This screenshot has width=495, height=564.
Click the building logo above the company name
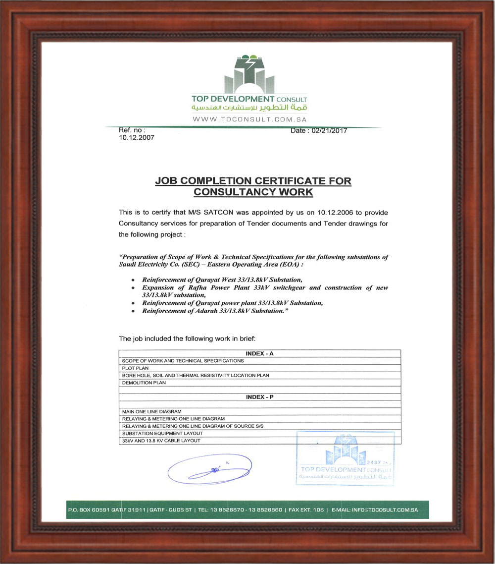[249, 74]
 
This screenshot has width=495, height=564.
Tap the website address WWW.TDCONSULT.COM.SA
[249, 119]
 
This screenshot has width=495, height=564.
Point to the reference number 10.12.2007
[136, 138]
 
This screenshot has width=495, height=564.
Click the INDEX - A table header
[259, 353]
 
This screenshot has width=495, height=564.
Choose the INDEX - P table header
[259, 397]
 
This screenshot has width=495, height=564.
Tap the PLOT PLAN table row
[135, 368]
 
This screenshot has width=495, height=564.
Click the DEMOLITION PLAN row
[144, 383]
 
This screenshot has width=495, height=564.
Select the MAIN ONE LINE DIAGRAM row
[151, 411]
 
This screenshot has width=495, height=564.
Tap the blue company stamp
[345, 458]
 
